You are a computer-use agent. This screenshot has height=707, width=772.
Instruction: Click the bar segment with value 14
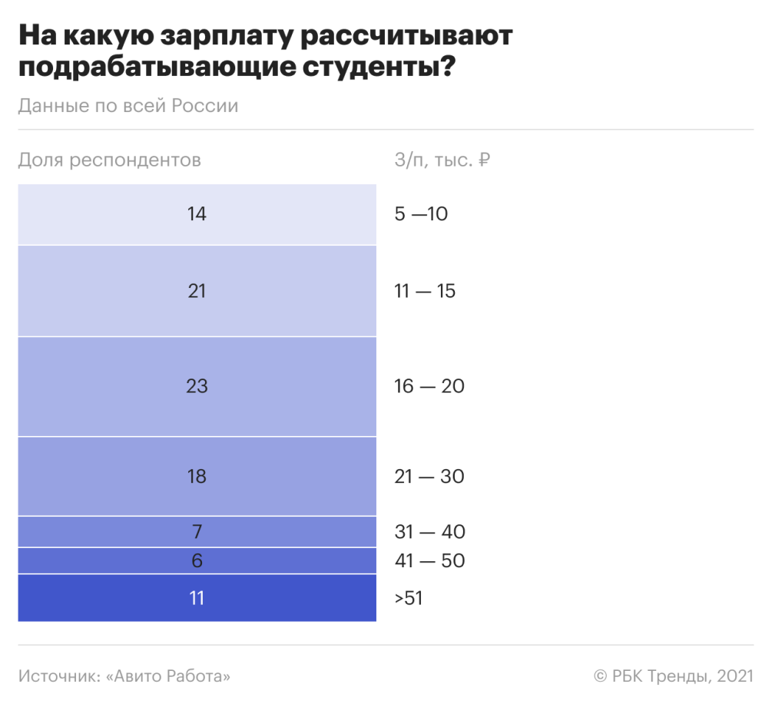[x=197, y=214]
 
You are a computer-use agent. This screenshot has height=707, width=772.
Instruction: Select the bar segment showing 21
[x=197, y=291]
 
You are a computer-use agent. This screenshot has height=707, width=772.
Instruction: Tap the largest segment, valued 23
[x=197, y=386]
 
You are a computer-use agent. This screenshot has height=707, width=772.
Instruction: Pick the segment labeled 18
[x=197, y=476]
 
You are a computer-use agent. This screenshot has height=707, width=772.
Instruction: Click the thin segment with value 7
[x=197, y=531]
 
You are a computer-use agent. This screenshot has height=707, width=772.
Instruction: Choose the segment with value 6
[x=197, y=560]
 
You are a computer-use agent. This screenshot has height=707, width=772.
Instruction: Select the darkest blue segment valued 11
[x=197, y=597]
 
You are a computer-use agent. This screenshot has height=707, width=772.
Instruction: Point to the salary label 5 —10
[x=421, y=214]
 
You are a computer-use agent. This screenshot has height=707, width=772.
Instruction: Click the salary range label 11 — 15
[x=425, y=292]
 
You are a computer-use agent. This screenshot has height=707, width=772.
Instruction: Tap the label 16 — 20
[x=429, y=386]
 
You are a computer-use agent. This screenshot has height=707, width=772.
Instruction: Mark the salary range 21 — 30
[x=429, y=477]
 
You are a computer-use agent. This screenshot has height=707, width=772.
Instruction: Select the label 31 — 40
[x=429, y=532]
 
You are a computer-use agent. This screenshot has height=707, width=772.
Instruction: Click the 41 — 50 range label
[x=429, y=561]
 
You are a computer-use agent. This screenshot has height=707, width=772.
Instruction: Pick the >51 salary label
[x=409, y=598]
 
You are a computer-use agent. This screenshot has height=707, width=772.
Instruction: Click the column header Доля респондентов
[x=109, y=160]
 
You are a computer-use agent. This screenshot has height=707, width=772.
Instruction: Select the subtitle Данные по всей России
[x=128, y=106]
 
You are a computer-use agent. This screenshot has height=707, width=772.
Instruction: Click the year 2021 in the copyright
[x=734, y=676]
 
